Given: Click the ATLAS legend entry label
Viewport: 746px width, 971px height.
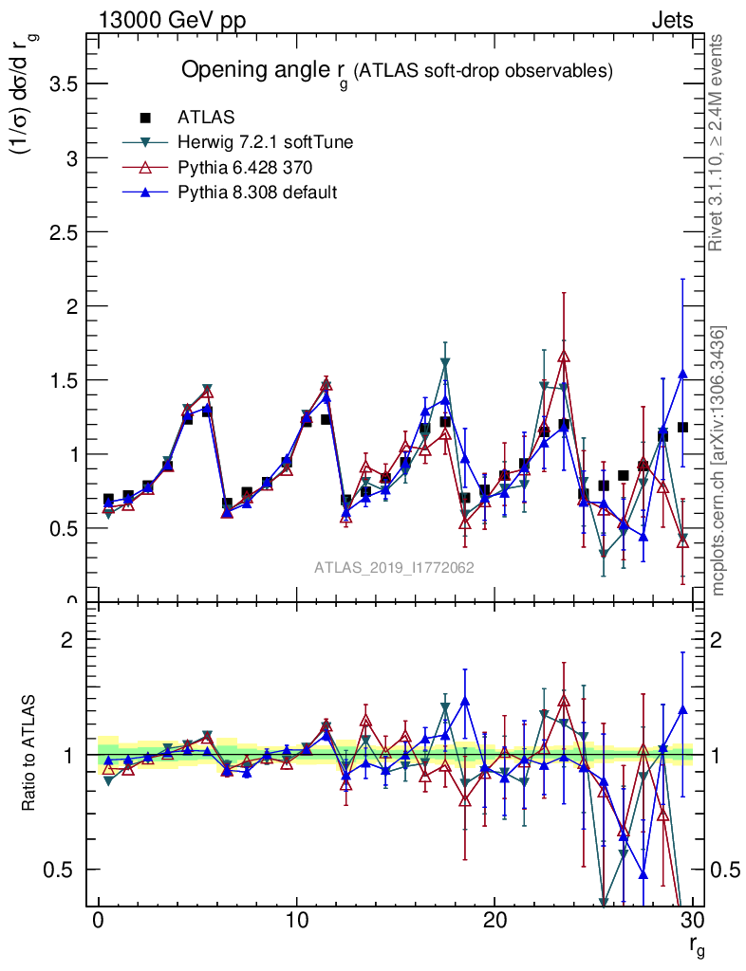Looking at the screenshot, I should [206, 118].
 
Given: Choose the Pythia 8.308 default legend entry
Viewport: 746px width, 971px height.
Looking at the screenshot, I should [257, 192].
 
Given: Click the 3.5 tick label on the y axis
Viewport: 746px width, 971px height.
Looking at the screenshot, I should [60, 84].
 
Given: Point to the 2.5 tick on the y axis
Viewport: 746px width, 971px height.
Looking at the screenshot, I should [60, 232].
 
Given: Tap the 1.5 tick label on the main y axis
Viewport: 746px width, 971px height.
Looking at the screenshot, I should [60, 380].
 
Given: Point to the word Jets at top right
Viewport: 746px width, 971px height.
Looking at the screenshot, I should [671, 20].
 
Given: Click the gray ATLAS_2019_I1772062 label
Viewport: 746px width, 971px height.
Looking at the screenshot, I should [394, 568].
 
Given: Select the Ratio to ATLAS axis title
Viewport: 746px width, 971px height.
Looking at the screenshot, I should [29, 754].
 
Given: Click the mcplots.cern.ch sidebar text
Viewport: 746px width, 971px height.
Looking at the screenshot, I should [718, 461].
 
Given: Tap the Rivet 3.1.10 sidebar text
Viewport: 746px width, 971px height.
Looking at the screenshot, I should [718, 142].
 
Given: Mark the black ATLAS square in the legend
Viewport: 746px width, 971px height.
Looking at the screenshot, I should [145, 118].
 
